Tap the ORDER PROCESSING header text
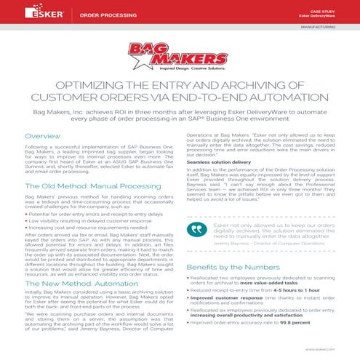coord(100,12)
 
